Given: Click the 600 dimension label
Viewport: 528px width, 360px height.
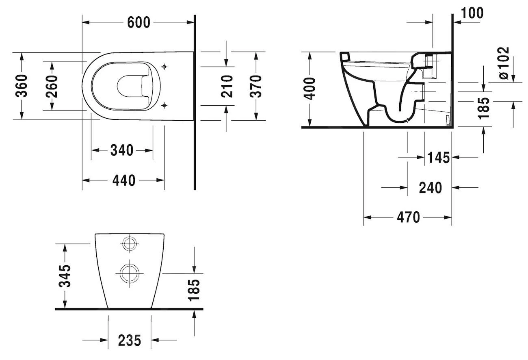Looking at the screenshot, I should tap(138, 23).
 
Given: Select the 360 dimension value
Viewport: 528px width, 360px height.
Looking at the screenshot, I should tap(22, 86).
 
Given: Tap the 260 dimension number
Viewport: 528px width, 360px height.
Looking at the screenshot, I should tap(52, 86).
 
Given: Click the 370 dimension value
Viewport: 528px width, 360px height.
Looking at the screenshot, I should tap(255, 86).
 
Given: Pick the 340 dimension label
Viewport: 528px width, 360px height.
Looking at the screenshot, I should tap(122, 150).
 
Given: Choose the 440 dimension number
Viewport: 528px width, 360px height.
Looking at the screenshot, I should tap(123, 180).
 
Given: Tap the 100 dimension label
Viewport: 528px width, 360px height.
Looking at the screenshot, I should tap(472, 13).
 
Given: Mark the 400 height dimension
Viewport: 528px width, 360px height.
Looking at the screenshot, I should tap(310, 89).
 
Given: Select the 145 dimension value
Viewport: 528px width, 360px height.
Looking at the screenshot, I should tap(438, 157).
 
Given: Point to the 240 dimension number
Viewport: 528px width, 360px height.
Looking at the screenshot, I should tap(430, 188).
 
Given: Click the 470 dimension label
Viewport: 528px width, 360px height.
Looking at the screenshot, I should tap(408, 217).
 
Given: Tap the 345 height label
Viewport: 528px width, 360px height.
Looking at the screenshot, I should tap(65, 276).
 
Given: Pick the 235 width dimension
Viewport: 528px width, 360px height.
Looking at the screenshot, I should tap(130, 340).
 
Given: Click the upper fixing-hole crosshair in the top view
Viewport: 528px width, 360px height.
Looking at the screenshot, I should tap(164, 66).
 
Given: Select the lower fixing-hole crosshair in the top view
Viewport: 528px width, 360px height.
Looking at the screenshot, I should tap(164, 106).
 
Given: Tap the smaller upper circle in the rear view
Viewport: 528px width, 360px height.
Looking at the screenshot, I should tap(130, 244).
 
